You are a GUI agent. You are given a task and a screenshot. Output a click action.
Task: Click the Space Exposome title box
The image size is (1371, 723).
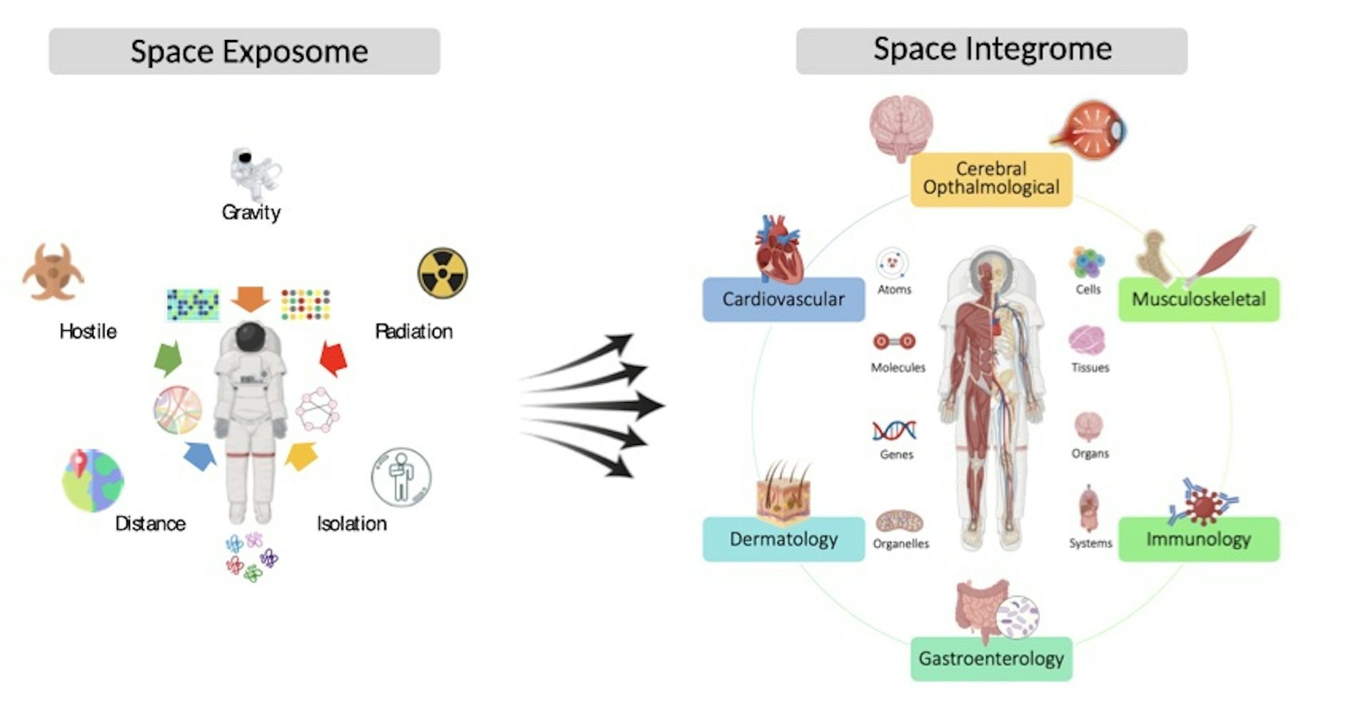point(244,51)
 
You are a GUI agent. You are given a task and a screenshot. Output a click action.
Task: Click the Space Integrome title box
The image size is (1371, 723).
point(991,50)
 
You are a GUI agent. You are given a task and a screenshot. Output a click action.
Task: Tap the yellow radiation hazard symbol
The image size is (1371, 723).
point(442,273)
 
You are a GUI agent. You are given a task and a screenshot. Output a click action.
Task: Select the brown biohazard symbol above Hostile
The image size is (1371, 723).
point(53,273)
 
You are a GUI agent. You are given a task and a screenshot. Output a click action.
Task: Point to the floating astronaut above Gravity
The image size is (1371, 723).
point(253,174)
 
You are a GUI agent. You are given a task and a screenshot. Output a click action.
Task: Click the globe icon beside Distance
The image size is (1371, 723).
point(93,480)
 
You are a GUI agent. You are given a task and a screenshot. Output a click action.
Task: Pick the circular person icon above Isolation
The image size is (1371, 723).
point(401,477)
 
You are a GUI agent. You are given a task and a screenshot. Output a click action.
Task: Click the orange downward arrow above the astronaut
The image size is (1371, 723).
point(250,298)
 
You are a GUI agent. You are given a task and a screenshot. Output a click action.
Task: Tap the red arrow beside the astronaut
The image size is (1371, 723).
point(333,358)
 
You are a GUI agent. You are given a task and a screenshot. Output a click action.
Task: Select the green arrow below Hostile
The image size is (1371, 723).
point(169,358)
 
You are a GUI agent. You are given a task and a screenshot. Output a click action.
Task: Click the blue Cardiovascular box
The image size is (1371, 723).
point(783,299)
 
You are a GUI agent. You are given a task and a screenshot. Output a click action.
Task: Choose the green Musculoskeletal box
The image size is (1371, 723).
point(1198,299)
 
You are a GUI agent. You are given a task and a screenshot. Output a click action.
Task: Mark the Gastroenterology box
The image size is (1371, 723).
point(991,659)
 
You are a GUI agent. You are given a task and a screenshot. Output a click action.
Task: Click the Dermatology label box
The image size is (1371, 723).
point(783,539)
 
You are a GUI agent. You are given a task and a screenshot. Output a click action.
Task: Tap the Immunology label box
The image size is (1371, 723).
point(1198,539)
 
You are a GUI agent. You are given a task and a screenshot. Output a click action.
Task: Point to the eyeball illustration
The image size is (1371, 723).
point(1089,130)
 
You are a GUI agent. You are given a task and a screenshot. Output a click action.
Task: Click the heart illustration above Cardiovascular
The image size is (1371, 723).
point(779,250)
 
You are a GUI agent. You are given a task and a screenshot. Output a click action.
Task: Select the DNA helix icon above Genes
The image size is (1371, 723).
point(894,431)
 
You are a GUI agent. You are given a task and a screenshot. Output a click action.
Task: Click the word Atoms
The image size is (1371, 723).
point(894,289)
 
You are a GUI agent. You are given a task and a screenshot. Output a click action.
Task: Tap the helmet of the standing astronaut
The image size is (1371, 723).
point(250,336)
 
